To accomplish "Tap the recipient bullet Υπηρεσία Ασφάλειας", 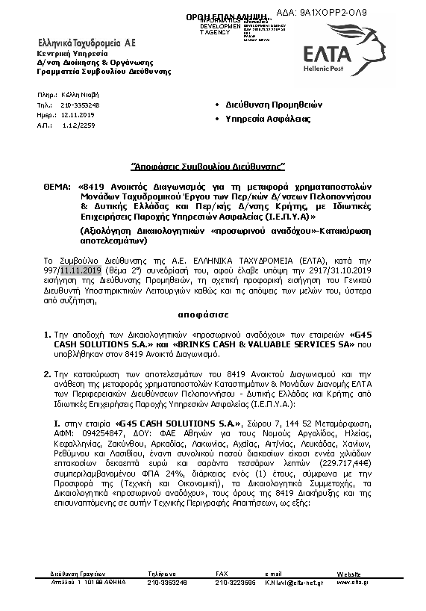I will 268,119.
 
